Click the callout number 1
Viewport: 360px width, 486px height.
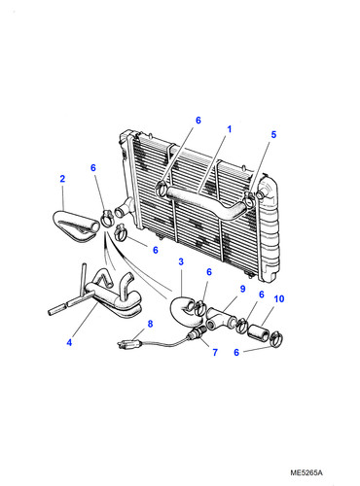click(x=230, y=129)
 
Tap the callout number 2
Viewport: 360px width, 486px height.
click(x=62, y=179)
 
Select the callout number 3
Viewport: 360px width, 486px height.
click(x=181, y=261)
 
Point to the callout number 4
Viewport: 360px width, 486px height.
click(x=69, y=342)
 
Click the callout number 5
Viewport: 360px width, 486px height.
click(x=273, y=134)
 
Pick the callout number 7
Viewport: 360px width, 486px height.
click(x=215, y=352)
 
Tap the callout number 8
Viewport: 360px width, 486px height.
click(x=150, y=324)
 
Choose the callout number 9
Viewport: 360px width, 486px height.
click(x=242, y=289)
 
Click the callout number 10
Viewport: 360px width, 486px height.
click(x=279, y=298)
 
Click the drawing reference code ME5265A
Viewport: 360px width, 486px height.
click(x=306, y=472)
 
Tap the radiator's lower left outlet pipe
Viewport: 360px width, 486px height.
click(x=124, y=207)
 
